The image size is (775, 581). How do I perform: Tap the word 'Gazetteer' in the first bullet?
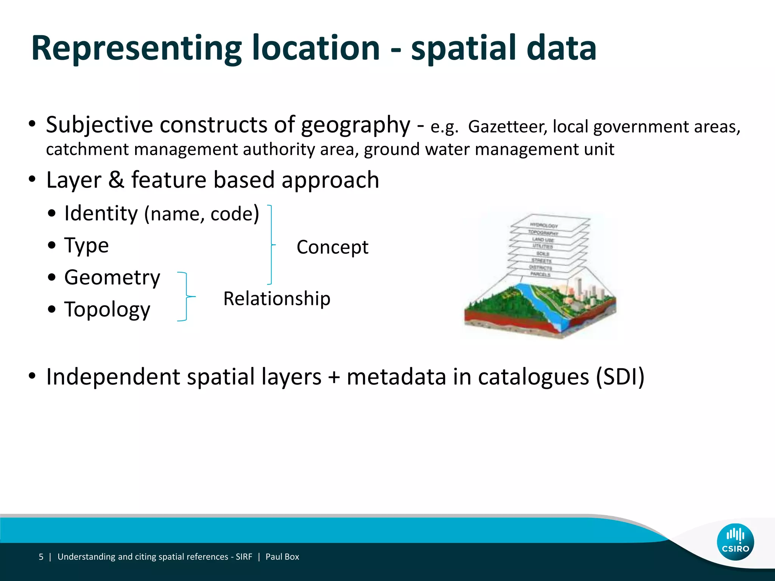507,127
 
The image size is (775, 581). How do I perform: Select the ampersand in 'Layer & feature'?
116,180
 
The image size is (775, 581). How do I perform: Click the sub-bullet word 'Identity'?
101,213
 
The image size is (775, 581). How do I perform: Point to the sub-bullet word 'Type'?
87,245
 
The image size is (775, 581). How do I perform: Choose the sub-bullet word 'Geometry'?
112,277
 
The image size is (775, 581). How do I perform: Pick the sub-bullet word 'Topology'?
107,309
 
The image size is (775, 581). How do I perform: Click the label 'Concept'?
332,247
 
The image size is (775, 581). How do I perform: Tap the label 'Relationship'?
277,299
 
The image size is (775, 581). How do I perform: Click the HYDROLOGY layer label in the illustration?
544,225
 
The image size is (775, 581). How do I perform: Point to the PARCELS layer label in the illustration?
540,274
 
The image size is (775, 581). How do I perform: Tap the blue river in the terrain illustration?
537,303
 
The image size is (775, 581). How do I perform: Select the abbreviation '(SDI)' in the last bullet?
620,377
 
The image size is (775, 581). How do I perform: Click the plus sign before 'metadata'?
334,377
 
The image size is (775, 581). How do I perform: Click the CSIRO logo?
735,542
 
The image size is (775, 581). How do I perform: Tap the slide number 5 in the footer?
41,557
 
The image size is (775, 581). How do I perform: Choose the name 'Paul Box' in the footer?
282,557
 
